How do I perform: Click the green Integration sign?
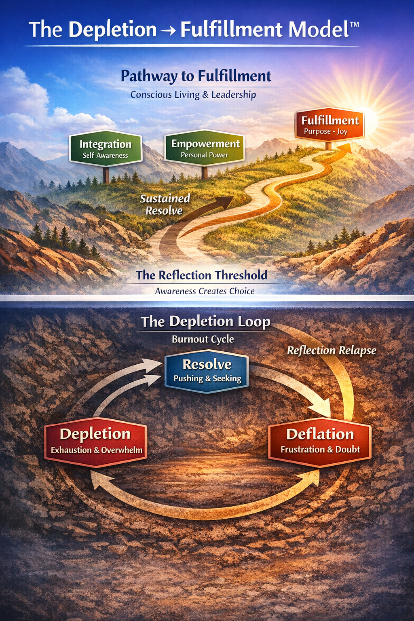coord(106,148)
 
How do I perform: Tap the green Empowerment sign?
coord(205,148)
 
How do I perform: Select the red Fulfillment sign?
coord(330,125)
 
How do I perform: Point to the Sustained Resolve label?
coord(165,204)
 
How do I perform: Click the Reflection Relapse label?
coord(332,350)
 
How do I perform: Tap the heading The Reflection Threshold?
coord(202,275)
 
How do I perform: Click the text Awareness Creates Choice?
coord(205,291)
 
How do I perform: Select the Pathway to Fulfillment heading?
coord(196,76)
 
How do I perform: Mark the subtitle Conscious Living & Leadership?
coord(193,95)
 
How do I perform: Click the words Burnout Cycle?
coord(203,339)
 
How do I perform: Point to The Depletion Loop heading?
coord(205,321)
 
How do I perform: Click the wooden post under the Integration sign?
coord(106,175)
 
